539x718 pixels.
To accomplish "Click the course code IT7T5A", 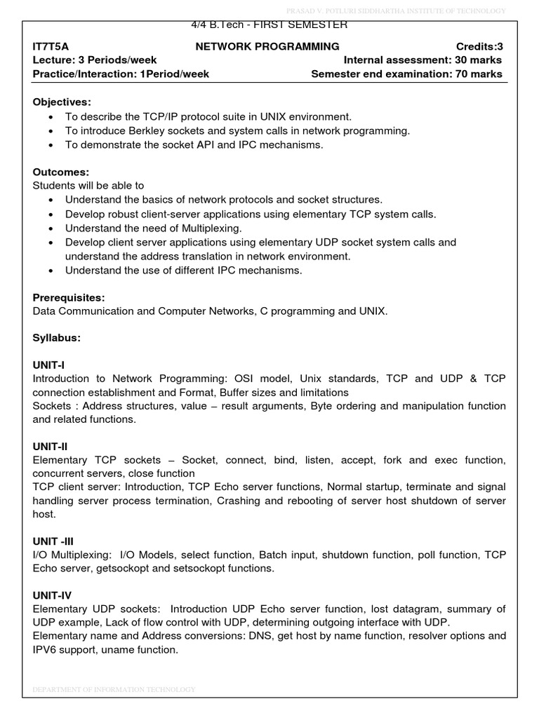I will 52,46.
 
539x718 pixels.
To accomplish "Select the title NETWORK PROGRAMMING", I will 267,46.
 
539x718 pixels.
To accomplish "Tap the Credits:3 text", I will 479,46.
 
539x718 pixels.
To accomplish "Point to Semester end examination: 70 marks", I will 406,74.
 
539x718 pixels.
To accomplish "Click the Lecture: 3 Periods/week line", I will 95,60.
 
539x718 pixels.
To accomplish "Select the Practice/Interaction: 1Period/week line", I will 121,74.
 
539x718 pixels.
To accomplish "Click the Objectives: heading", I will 62,102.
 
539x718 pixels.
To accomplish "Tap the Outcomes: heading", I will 60,172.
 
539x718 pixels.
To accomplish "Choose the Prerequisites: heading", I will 69,297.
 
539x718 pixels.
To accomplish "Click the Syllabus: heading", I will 57,338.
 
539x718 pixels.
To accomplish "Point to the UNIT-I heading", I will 48,365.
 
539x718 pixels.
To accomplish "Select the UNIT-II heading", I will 50,447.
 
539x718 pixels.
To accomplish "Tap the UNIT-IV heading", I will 52,595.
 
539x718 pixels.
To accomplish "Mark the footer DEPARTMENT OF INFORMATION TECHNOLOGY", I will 114,690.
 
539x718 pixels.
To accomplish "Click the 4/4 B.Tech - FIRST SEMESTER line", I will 269,25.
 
